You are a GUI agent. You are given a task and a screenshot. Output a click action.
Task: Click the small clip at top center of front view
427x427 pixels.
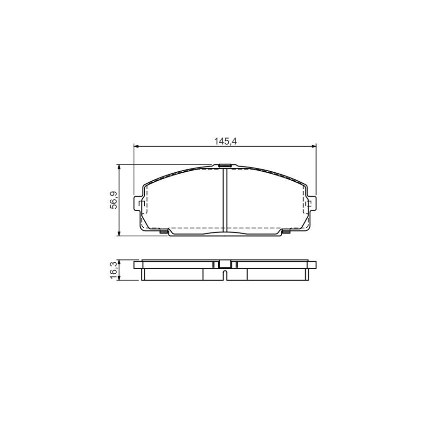tap(225, 166)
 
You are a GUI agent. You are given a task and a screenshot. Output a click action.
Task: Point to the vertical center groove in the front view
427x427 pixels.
tap(225, 199)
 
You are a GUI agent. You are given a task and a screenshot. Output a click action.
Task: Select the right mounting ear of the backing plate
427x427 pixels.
tap(312, 204)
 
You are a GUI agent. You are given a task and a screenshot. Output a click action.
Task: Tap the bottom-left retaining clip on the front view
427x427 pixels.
tap(164, 232)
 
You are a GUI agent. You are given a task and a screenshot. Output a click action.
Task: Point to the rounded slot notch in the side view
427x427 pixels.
tap(225, 274)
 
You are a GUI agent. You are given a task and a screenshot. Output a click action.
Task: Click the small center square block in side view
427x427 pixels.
tap(225, 265)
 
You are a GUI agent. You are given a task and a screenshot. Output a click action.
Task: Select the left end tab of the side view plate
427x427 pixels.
tap(138, 265)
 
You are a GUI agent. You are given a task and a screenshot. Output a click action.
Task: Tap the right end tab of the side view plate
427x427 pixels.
tap(313, 265)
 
